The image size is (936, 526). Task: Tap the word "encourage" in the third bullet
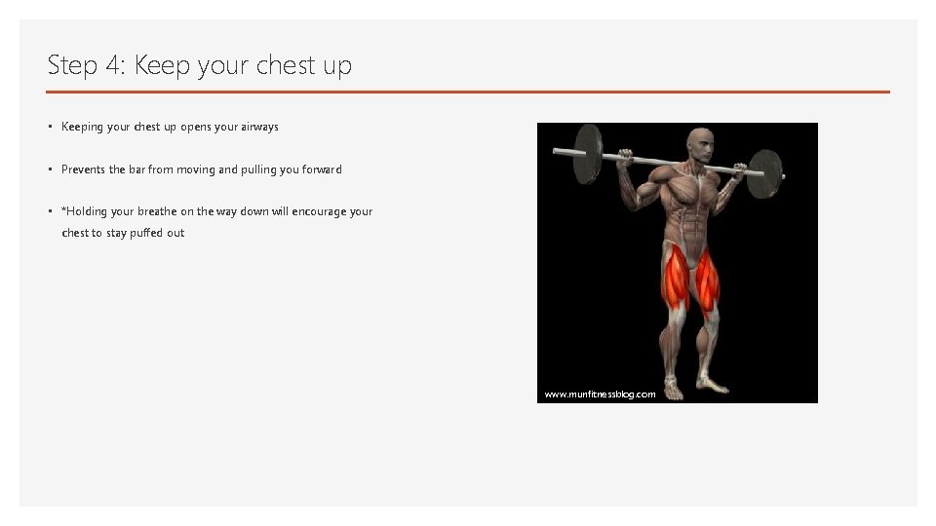click(x=313, y=211)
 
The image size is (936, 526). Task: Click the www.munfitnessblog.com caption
click(x=600, y=394)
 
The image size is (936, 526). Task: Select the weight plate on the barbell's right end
click(x=765, y=173)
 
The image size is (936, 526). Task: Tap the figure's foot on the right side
click(x=718, y=385)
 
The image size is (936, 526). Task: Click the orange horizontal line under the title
click(x=468, y=92)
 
